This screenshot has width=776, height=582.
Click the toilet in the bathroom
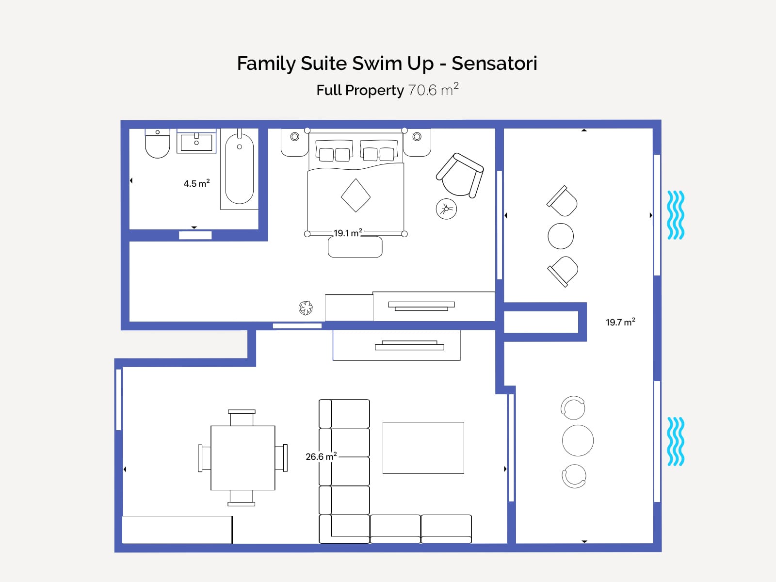(157, 144)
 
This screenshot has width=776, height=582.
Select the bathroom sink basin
(196, 143)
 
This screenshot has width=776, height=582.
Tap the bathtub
(239, 169)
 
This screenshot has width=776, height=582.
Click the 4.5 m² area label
(196, 183)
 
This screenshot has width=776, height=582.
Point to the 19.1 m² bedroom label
(348, 233)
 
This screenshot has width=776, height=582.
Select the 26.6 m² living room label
(321, 456)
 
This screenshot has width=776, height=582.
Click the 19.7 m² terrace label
(620, 322)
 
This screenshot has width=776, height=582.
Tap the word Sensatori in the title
(494, 64)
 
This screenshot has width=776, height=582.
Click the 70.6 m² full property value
(434, 90)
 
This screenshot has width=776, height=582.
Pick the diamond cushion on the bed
(356, 195)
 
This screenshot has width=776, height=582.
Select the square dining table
(243, 458)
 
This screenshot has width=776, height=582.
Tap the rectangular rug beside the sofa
(423, 448)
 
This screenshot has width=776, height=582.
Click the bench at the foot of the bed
(355, 247)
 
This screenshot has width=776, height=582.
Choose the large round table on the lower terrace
(578, 440)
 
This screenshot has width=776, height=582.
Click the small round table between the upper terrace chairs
(561, 236)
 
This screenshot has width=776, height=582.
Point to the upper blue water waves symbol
(676, 215)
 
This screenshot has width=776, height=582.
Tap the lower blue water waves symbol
(676, 441)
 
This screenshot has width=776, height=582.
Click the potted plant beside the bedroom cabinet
(306, 308)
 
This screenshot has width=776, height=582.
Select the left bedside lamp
(294, 136)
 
